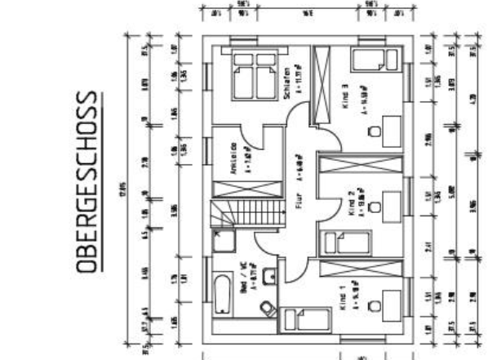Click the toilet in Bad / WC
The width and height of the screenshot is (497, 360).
pos(265,307)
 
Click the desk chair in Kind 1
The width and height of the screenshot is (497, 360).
pos(374,305)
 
